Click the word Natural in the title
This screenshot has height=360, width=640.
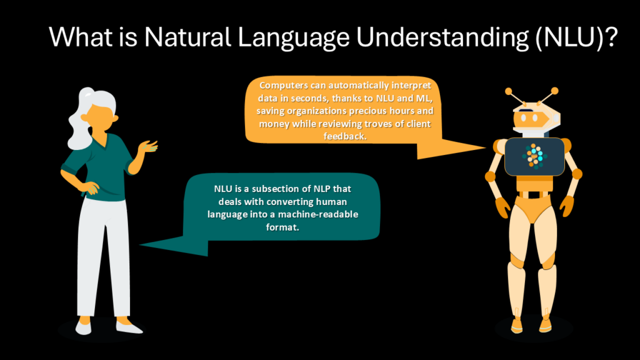pyautogui.click(x=187, y=37)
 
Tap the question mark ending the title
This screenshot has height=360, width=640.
pyautogui.click(x=611, y=37)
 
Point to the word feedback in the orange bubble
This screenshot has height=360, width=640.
pyautogui.click(x=345, y=136)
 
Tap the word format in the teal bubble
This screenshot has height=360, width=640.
pyautogui.click(x=282, y=227)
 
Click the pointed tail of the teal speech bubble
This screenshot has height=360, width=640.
pyautogui.click(x=141, y=245)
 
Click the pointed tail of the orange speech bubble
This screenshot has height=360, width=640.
pyautogui.click(x=485, y=147)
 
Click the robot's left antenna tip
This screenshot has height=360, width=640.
pyautogui.click(x=509, y=91)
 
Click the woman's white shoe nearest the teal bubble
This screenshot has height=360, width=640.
pyautogui.click(x=129, y=326)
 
